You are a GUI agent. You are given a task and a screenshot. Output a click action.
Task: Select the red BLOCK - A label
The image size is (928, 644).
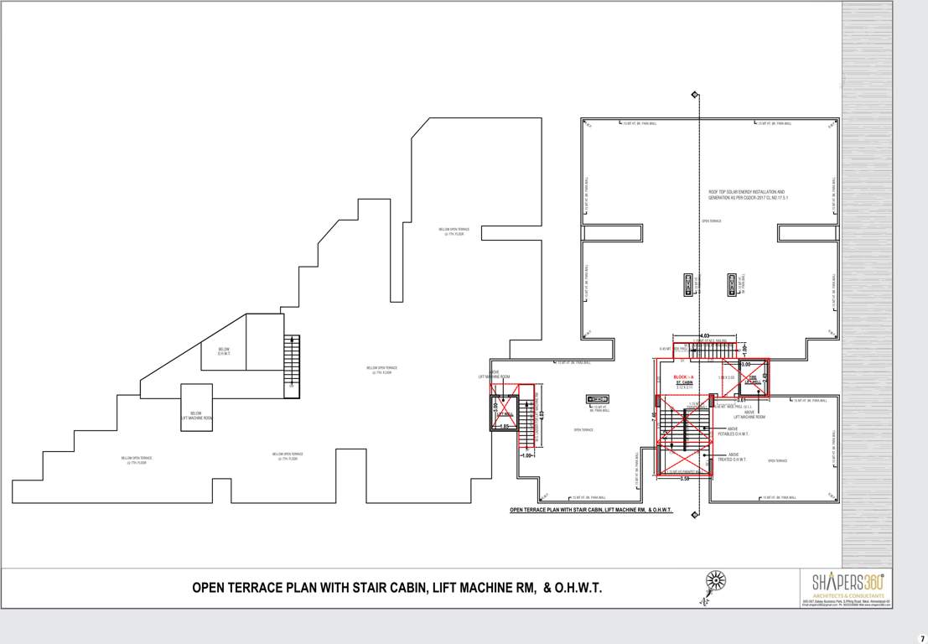(684, 378)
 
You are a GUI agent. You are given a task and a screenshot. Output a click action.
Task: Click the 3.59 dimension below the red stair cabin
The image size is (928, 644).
(684, 479)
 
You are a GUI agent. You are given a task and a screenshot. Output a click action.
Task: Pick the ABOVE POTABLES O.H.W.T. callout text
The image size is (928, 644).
(734, 431)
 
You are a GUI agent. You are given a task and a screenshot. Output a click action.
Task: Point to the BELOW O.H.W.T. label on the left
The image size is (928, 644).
(224, 351)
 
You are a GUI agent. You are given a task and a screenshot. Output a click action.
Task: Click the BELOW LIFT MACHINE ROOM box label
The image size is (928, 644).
(197, 415)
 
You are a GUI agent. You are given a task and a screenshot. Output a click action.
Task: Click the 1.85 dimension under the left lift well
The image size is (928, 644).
(504, 427)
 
